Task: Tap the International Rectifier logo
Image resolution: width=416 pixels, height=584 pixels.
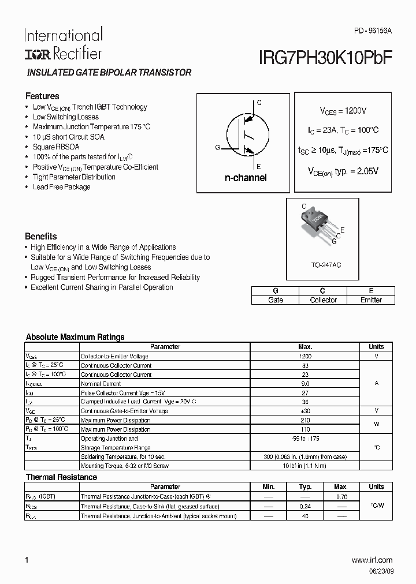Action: coord(63,44)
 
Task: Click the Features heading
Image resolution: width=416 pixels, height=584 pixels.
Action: coord(42,96)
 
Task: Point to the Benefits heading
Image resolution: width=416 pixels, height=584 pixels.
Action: coord(40,236)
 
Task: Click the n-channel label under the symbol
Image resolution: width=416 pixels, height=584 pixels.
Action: coord(246,178)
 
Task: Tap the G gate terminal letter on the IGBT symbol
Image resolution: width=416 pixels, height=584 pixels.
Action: coord(217,148)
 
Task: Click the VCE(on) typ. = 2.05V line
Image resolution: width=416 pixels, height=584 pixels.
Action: coord(343,171)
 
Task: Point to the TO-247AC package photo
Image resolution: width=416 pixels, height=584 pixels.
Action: coord(318,225)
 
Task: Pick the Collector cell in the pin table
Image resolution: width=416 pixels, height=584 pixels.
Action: coord(323,300)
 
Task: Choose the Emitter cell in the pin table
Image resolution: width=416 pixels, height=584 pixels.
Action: coord(371,300)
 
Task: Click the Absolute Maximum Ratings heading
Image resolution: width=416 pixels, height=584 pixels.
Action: coord(75,337)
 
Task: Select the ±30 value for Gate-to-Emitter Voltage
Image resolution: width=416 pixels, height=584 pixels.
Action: coord(305,411)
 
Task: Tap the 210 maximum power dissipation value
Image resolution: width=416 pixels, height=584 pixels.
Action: coord(305,420)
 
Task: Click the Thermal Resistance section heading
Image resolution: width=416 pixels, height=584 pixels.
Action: coord(61,477)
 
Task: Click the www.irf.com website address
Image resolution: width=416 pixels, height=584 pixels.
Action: coord(372,560)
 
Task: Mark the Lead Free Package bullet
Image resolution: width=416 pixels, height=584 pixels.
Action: coord(62,187)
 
